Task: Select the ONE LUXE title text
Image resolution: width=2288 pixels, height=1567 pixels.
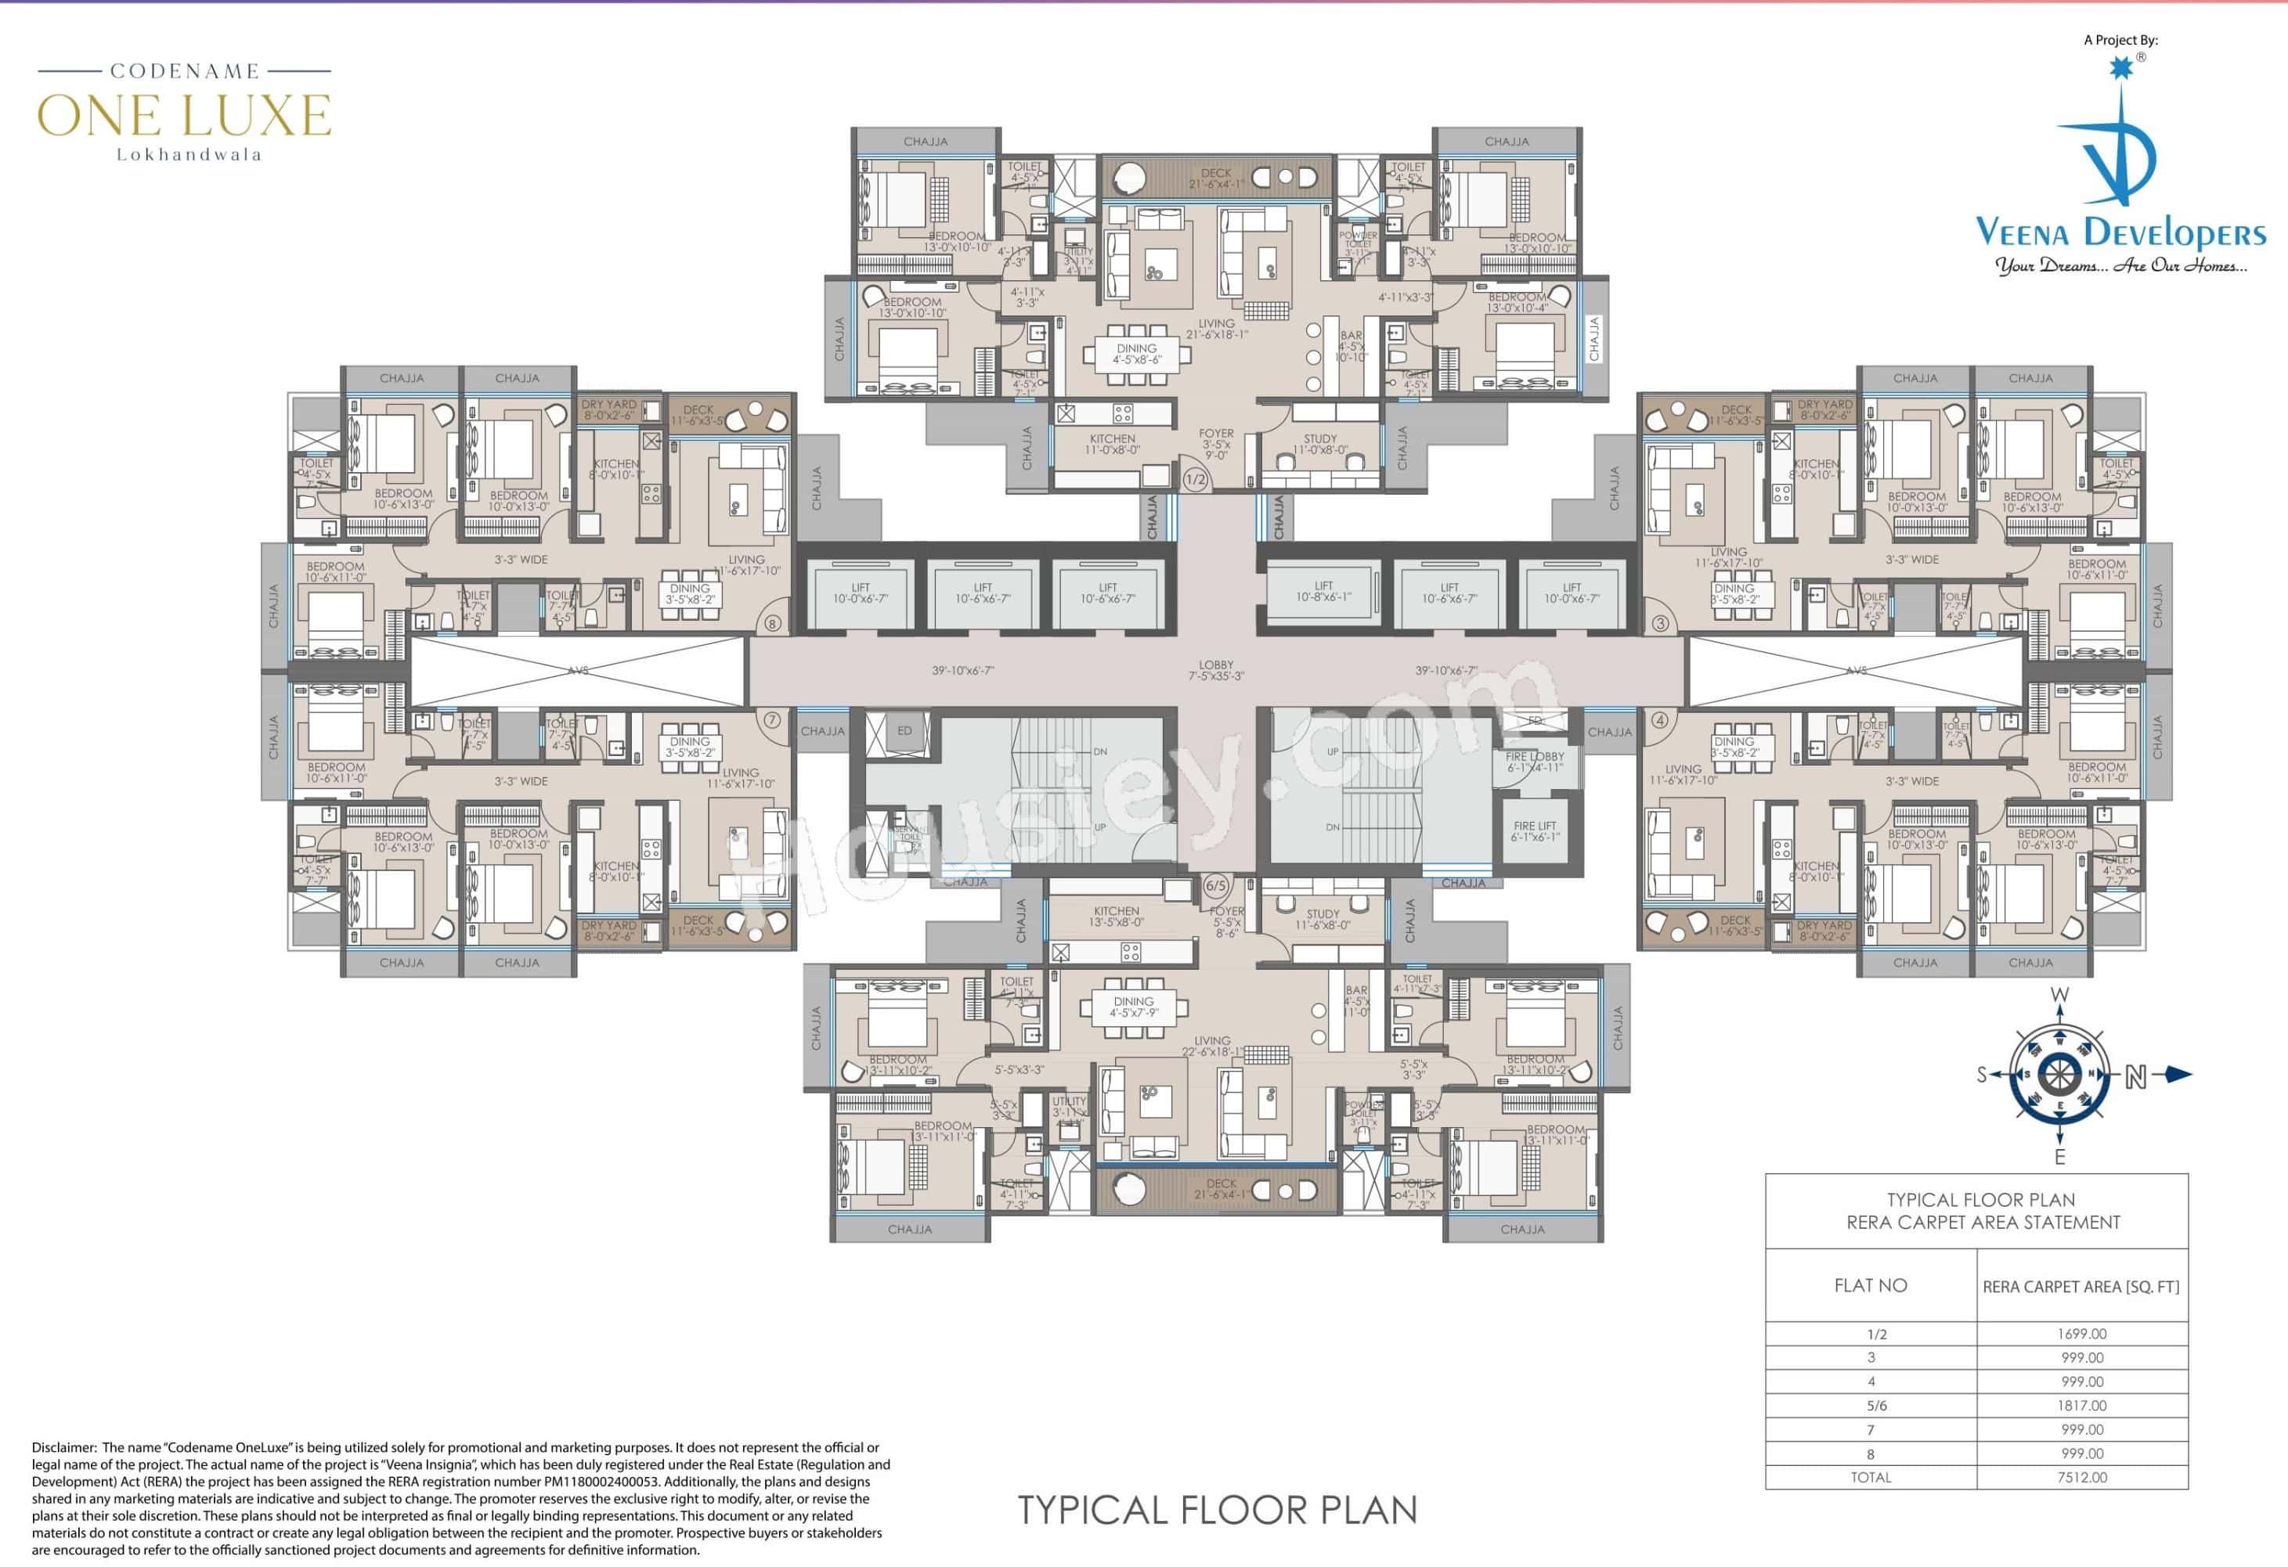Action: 184,116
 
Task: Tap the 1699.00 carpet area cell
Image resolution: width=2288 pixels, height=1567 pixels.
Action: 2081,1334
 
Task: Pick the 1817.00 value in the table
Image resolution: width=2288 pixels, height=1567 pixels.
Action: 2081,1406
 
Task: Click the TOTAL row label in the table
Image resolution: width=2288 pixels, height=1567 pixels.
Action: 1870,1478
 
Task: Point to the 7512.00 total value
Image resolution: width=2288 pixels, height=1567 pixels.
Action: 2081,1478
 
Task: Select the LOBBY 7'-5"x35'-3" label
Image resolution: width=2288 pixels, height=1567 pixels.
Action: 1216,670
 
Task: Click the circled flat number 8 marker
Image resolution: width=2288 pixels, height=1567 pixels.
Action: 772,623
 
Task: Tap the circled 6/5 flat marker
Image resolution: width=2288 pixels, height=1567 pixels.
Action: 1216,885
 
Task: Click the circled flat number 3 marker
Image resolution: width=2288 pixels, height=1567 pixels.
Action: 1661,623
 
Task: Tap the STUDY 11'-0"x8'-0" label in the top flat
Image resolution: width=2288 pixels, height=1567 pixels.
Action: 1319,444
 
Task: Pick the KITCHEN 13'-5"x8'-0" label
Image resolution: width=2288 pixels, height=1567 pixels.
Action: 1116,917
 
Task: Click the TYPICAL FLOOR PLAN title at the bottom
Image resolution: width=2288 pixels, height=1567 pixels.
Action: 1217,1509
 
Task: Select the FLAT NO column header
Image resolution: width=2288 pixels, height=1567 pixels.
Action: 1870,1285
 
